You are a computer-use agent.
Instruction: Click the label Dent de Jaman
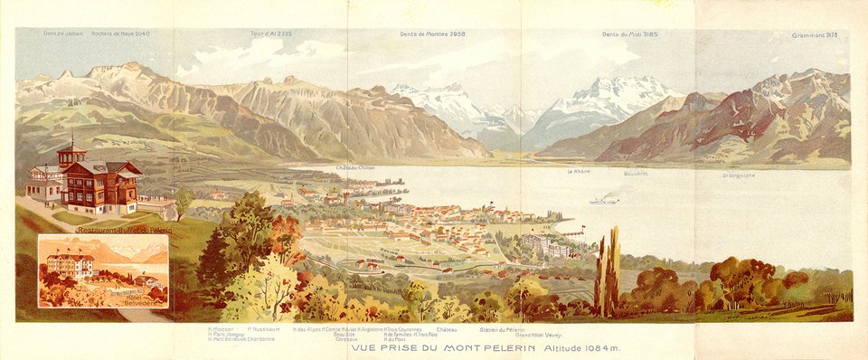[62, 33]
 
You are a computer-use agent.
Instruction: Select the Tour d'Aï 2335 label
[271, 33]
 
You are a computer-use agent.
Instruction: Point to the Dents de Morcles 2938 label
[432, 33]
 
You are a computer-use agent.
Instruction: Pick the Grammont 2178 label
[815, 34]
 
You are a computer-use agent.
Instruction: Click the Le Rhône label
[579, 171]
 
